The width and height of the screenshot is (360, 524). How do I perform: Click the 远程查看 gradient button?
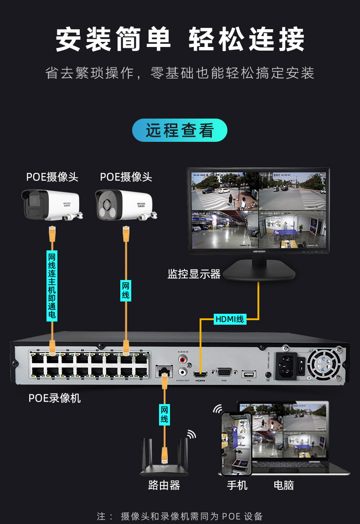180,130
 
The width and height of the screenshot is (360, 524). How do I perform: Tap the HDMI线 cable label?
230,319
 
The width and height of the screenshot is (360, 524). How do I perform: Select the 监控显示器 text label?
194,274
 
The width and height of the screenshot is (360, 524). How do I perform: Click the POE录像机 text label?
55,398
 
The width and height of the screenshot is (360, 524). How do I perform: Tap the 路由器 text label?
164,485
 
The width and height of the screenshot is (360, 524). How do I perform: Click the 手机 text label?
237,485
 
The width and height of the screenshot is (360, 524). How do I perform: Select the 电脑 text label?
283,485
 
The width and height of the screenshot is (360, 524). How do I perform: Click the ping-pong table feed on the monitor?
293,229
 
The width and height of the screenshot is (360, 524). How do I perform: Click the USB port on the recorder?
249,374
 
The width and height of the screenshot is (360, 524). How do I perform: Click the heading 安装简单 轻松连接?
180,40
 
